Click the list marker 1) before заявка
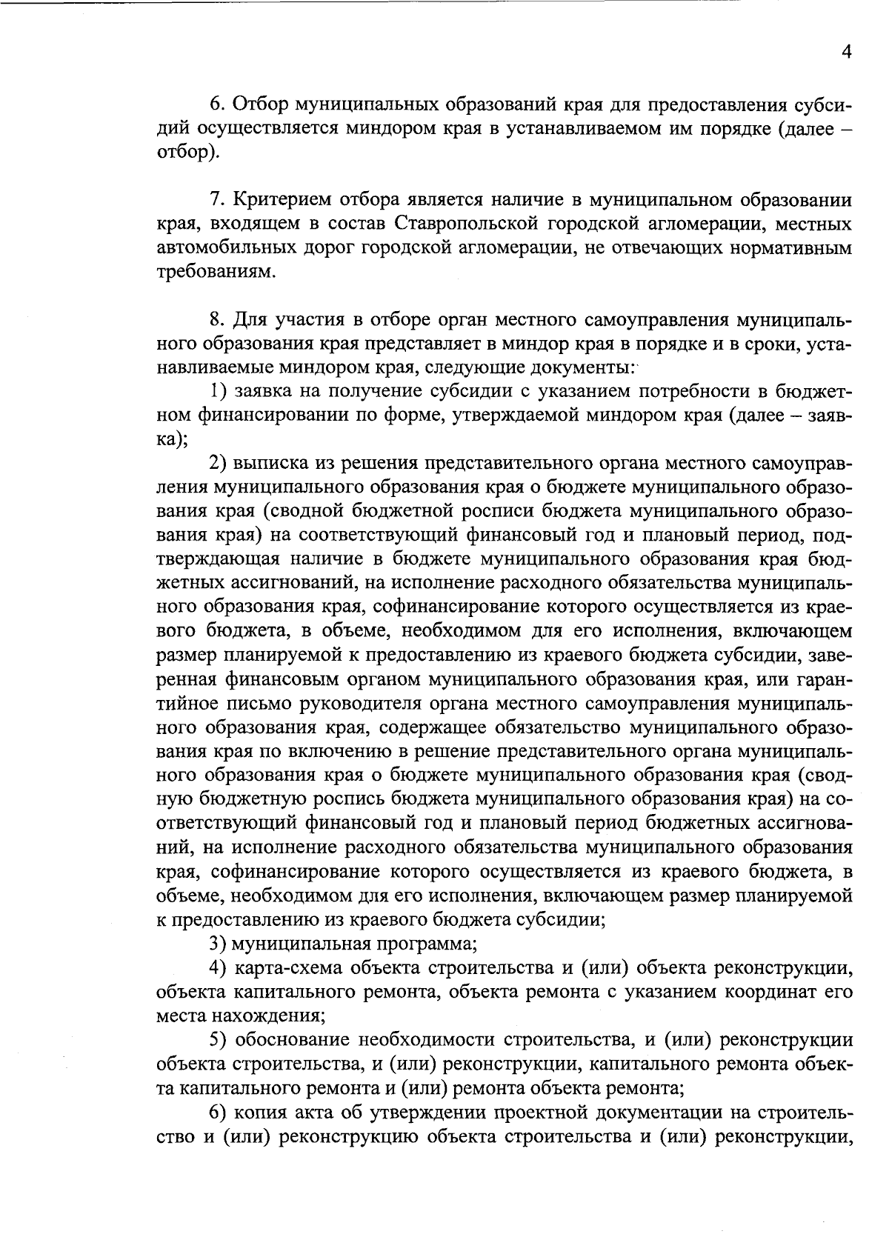[216, 392]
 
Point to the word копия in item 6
[260, 1113]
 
